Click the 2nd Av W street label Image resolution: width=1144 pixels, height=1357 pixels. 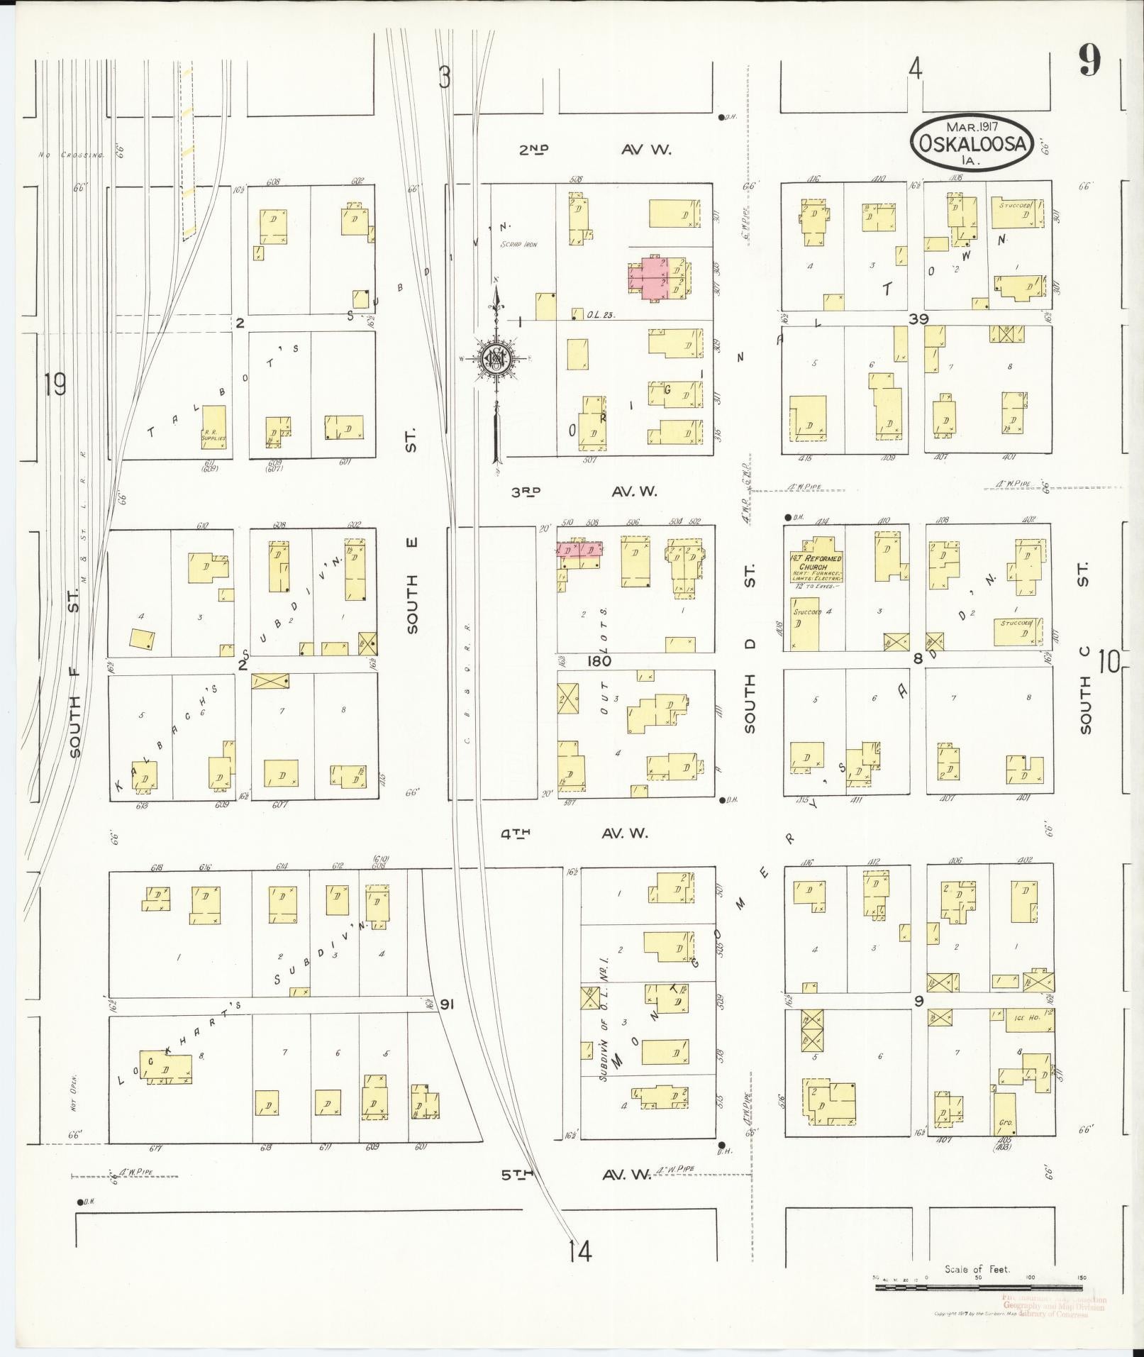596,150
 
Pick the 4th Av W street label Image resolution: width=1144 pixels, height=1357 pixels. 575,833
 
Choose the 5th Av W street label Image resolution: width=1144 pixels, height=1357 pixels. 576,1175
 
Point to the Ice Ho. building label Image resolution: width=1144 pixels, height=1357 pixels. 1024,1018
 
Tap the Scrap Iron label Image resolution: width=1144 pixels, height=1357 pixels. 519,245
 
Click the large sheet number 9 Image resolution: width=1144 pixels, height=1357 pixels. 1090,62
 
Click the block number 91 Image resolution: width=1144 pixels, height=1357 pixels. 447,1004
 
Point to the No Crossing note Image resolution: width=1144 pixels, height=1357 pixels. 71,154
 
